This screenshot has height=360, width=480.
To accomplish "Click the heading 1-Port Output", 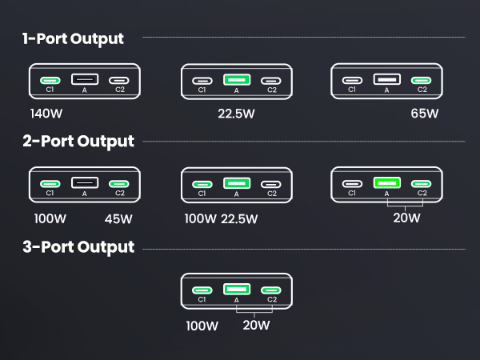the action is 73,38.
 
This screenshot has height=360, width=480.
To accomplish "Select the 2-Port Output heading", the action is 78,142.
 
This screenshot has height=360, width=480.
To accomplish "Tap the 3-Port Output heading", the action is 78,246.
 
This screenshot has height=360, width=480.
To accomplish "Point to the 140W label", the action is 47,113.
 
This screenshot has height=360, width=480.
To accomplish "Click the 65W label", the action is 424,113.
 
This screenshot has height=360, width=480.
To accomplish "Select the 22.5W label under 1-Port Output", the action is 236,113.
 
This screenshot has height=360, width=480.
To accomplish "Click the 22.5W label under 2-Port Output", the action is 239,218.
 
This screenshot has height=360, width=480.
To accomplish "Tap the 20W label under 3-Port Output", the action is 255,326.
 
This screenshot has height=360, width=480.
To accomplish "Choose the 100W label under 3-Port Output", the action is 202,326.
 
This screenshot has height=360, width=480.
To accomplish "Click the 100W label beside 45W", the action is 50,218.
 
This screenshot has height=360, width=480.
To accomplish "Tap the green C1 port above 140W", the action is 50,80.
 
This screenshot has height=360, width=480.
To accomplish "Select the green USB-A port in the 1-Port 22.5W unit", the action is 236,80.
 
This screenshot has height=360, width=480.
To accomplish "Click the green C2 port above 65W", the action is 422,80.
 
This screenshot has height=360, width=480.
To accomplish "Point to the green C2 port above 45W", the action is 120,184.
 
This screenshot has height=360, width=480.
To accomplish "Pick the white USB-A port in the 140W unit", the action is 85,79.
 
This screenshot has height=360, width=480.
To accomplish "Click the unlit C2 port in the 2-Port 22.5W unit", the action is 272,184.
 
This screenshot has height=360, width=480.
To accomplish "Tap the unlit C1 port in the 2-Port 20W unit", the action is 352,184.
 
